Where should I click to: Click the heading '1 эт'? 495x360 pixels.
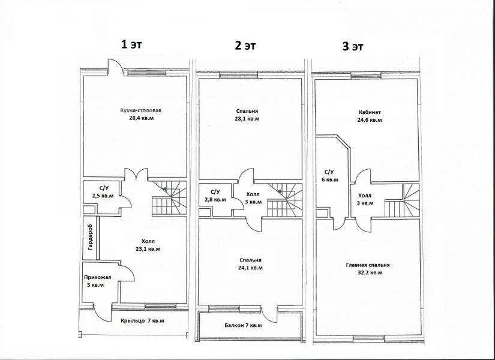[x=131, y=44]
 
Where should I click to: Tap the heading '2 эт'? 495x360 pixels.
[x=245, y=46]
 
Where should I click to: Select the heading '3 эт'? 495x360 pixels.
[x=353, y=47]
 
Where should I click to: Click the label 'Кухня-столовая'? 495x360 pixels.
[x=140, y=110]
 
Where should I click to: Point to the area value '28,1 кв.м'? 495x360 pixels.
[x=247, y=119]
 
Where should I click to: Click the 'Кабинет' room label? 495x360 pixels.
[x=370, y=112]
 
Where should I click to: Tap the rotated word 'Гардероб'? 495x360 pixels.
[x=91, y=237]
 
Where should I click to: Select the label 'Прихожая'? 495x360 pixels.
[x=98, y=278]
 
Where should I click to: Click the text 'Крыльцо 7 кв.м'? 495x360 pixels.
[x=142, y=321]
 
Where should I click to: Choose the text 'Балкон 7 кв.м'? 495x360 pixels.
[x=244, y=325]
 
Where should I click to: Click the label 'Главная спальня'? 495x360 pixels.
[x=368, y=265]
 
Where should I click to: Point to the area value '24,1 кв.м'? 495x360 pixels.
[x=251, y=268]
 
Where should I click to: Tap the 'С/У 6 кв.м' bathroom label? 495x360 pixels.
[x=329, y=176]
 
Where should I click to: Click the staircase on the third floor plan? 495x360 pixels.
[x=402, y=200]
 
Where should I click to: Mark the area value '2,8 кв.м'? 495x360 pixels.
[x=215, y=200]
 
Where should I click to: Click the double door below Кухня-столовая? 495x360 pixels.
[x=136, y=174]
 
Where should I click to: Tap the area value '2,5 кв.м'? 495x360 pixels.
[x=103, y=196]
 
